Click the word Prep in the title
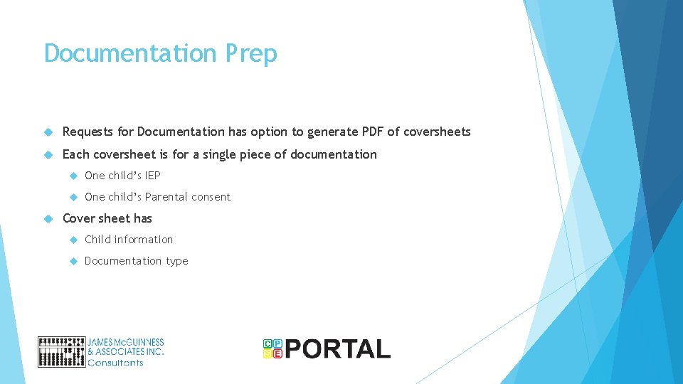coord(250,54)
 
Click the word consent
coord(212,197)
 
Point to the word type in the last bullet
coord(177,262)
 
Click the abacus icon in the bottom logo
coord(61,351)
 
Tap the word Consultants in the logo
coord(115,363)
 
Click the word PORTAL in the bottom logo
coord(338,348)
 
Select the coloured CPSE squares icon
coord(272,348)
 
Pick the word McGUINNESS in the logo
coord(139,342)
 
